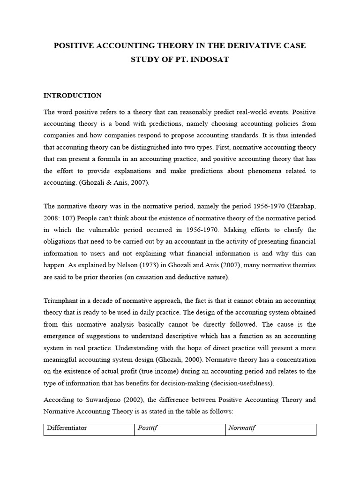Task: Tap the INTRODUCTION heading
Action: pos(72,95)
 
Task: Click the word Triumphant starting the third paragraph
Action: pos(62,300)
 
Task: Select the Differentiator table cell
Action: pos(67,428)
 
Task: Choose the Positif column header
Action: pos(148,428)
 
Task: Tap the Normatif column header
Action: pos(242,428)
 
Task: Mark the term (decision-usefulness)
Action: pos(242,383)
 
